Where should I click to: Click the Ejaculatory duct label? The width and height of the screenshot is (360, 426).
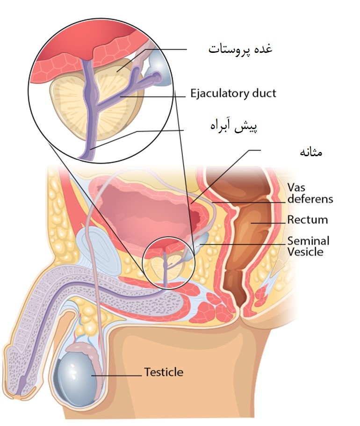pos(233,94)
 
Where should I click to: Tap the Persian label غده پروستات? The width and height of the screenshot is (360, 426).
pos(240,50)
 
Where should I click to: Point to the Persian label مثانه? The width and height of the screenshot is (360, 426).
pos(311,152)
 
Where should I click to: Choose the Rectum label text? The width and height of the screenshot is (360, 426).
pos(308,219)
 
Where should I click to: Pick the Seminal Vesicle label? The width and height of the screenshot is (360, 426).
pos(309,246)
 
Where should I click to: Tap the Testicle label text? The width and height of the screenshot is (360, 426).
pos(164,372)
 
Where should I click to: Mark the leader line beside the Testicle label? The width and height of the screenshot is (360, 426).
pos(116,376)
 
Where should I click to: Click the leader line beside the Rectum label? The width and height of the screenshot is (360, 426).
pos(268,223)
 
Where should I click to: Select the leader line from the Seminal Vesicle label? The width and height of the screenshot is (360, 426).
pos(243,245)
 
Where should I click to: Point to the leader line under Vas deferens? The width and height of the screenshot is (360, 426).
pos(249,202)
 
